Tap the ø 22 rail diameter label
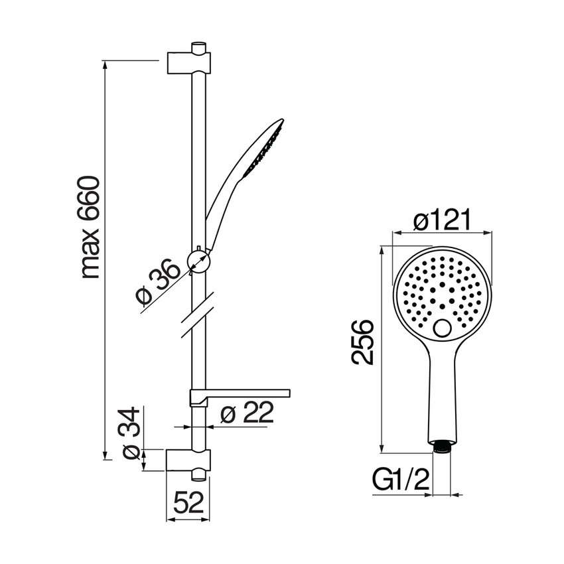coord(247,412)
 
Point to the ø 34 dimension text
coord(131,433)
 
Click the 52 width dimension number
coord(189,502)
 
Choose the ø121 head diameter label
coord(442,220)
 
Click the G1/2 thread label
coord(401,480)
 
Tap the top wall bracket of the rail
coord(189,63)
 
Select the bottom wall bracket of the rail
coord(188,460)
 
